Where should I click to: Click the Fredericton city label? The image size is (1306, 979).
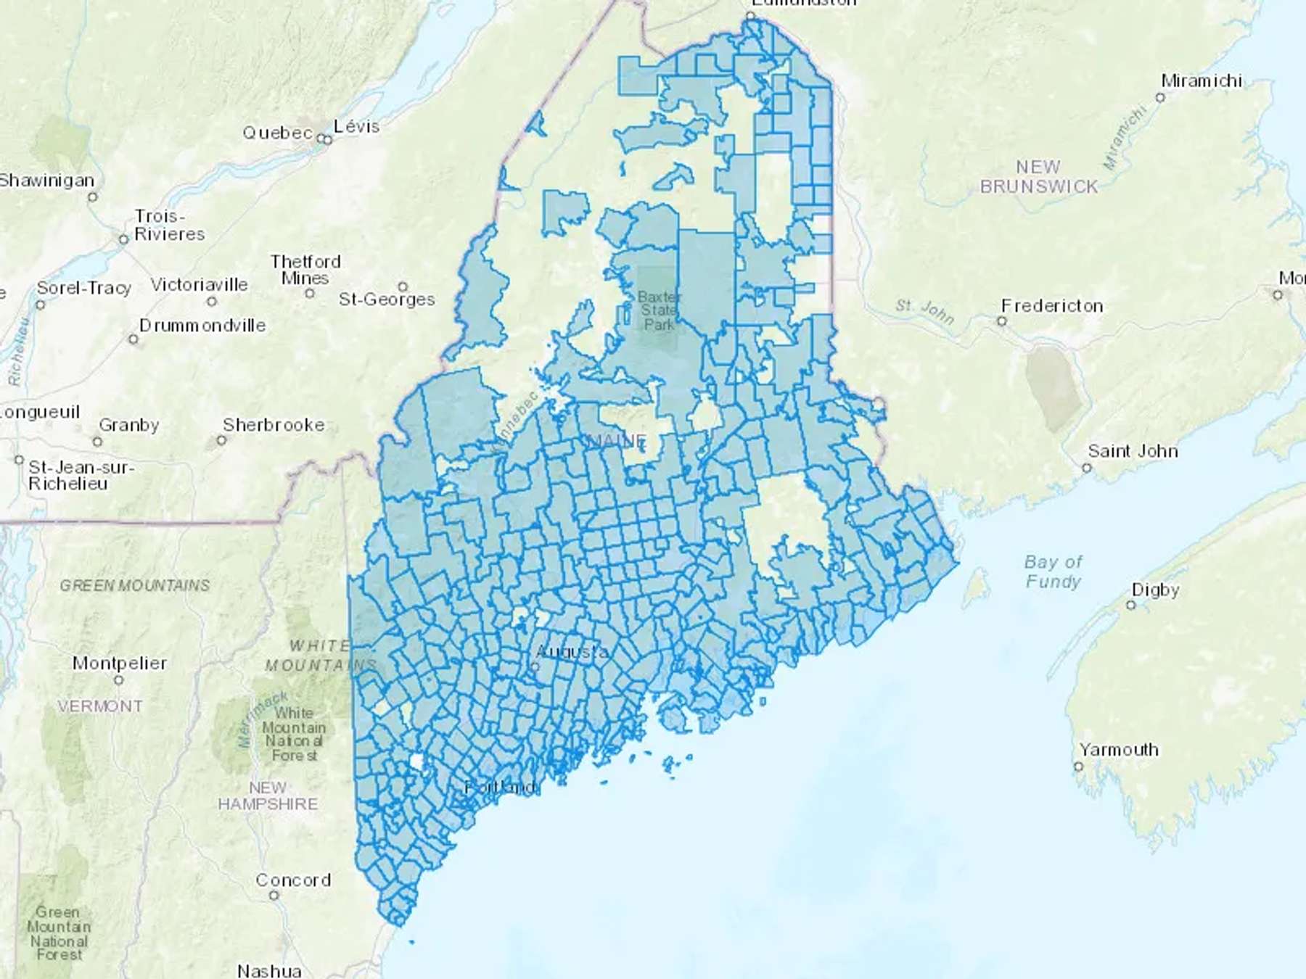point(1052,306)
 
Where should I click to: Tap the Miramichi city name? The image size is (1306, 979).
point(1202,80)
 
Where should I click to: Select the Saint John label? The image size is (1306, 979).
point(1133,451)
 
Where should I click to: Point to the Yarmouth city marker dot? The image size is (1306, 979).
point(1078,767)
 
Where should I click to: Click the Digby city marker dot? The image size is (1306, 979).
point(1130,605)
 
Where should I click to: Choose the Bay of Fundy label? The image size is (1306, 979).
point(1053,571)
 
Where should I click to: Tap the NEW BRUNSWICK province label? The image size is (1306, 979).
point(1039,177)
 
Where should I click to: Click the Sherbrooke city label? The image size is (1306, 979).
point(274,425)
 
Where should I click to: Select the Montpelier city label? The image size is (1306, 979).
point(120,663)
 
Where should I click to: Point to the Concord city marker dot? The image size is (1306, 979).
point(274,896)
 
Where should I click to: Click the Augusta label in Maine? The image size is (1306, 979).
point(572,652)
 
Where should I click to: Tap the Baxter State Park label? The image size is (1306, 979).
point(659,310)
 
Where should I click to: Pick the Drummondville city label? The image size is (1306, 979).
point(202,326)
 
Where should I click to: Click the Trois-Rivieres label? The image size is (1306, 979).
point(169,226)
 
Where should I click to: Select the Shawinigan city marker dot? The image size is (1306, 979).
point(92,197)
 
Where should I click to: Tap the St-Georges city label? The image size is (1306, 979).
point(387,300)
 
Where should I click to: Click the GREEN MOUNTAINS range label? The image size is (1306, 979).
point(135,585)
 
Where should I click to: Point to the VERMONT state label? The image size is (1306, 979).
point(100,706)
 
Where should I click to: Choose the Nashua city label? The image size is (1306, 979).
point(269,970)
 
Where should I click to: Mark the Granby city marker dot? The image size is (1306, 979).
point(97,442)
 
